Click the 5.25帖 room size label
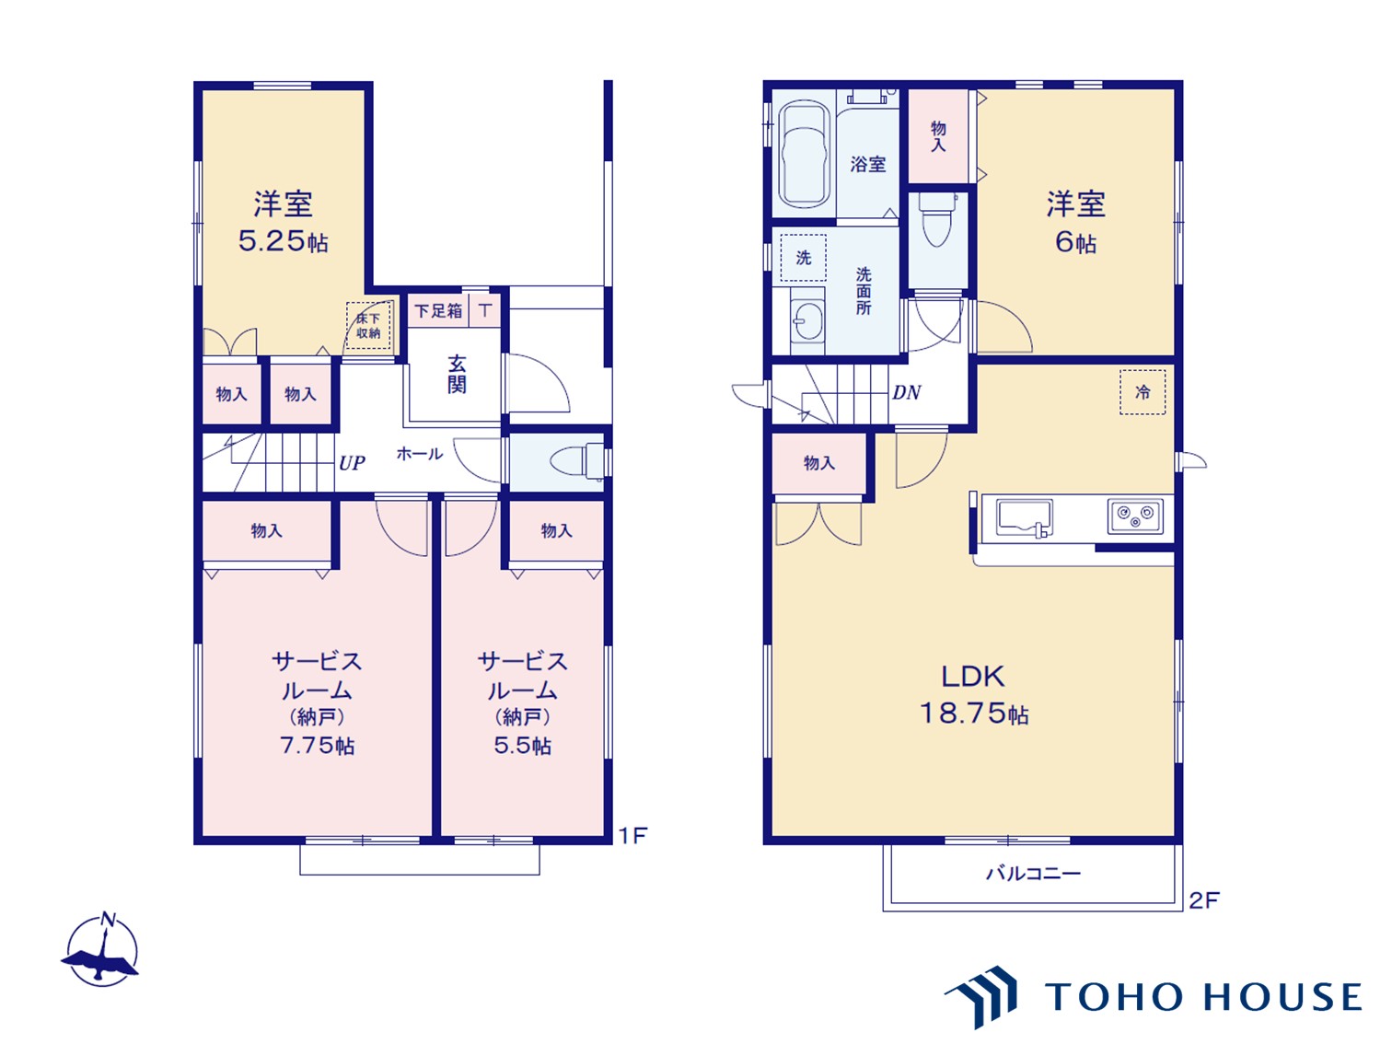(x=283, y=241)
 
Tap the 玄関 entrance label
(x=457, y=375)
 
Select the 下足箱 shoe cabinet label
(x=438, y=310)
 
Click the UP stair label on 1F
(x=352, y=463)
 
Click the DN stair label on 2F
(x=906, y=393)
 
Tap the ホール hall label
(x=419, y=454)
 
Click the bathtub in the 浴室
(x=804, y=154)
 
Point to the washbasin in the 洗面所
(x=807, y=321)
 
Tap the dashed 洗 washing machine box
(x=803, y=258)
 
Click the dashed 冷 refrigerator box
(x=1143, y=392)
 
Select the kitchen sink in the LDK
(x=1024, y=518)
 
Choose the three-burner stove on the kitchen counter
(x=1135, y=516)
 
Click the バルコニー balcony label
(x=1033, y=874)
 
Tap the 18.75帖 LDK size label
(x=974, y=714)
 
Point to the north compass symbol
(x=101, y=951)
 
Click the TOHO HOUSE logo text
(x=1202, y=997)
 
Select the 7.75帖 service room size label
(x=317, y=746)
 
